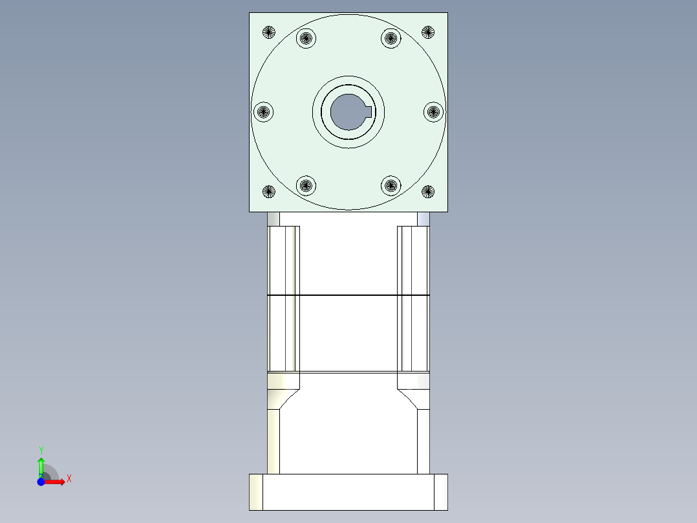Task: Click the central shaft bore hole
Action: click(x=347, y=112)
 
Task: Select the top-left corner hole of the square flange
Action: click(x=269, y=32)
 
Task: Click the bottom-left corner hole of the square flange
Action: click(x=269, y=192)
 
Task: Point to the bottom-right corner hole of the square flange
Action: click(x=427, y=192)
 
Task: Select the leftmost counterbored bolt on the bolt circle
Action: click(x=263, y=112)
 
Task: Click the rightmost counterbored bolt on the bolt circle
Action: click(x=434, y=112)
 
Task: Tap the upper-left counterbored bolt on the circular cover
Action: click(x=306, y=38)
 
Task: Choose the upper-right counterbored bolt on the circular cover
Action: click(x=391, y=38)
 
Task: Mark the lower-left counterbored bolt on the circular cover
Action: click(x=306, y=186)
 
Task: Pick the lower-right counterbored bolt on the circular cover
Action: click(x=391, y=186)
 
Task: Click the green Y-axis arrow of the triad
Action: click(x=41, y=465)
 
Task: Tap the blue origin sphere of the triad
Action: click(x=41, y=482)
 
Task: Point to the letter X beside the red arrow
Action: click(x=69, y=479)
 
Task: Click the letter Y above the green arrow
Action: click(x=41, y=450)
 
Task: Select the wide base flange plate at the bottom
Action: click(x=348, y=492)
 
